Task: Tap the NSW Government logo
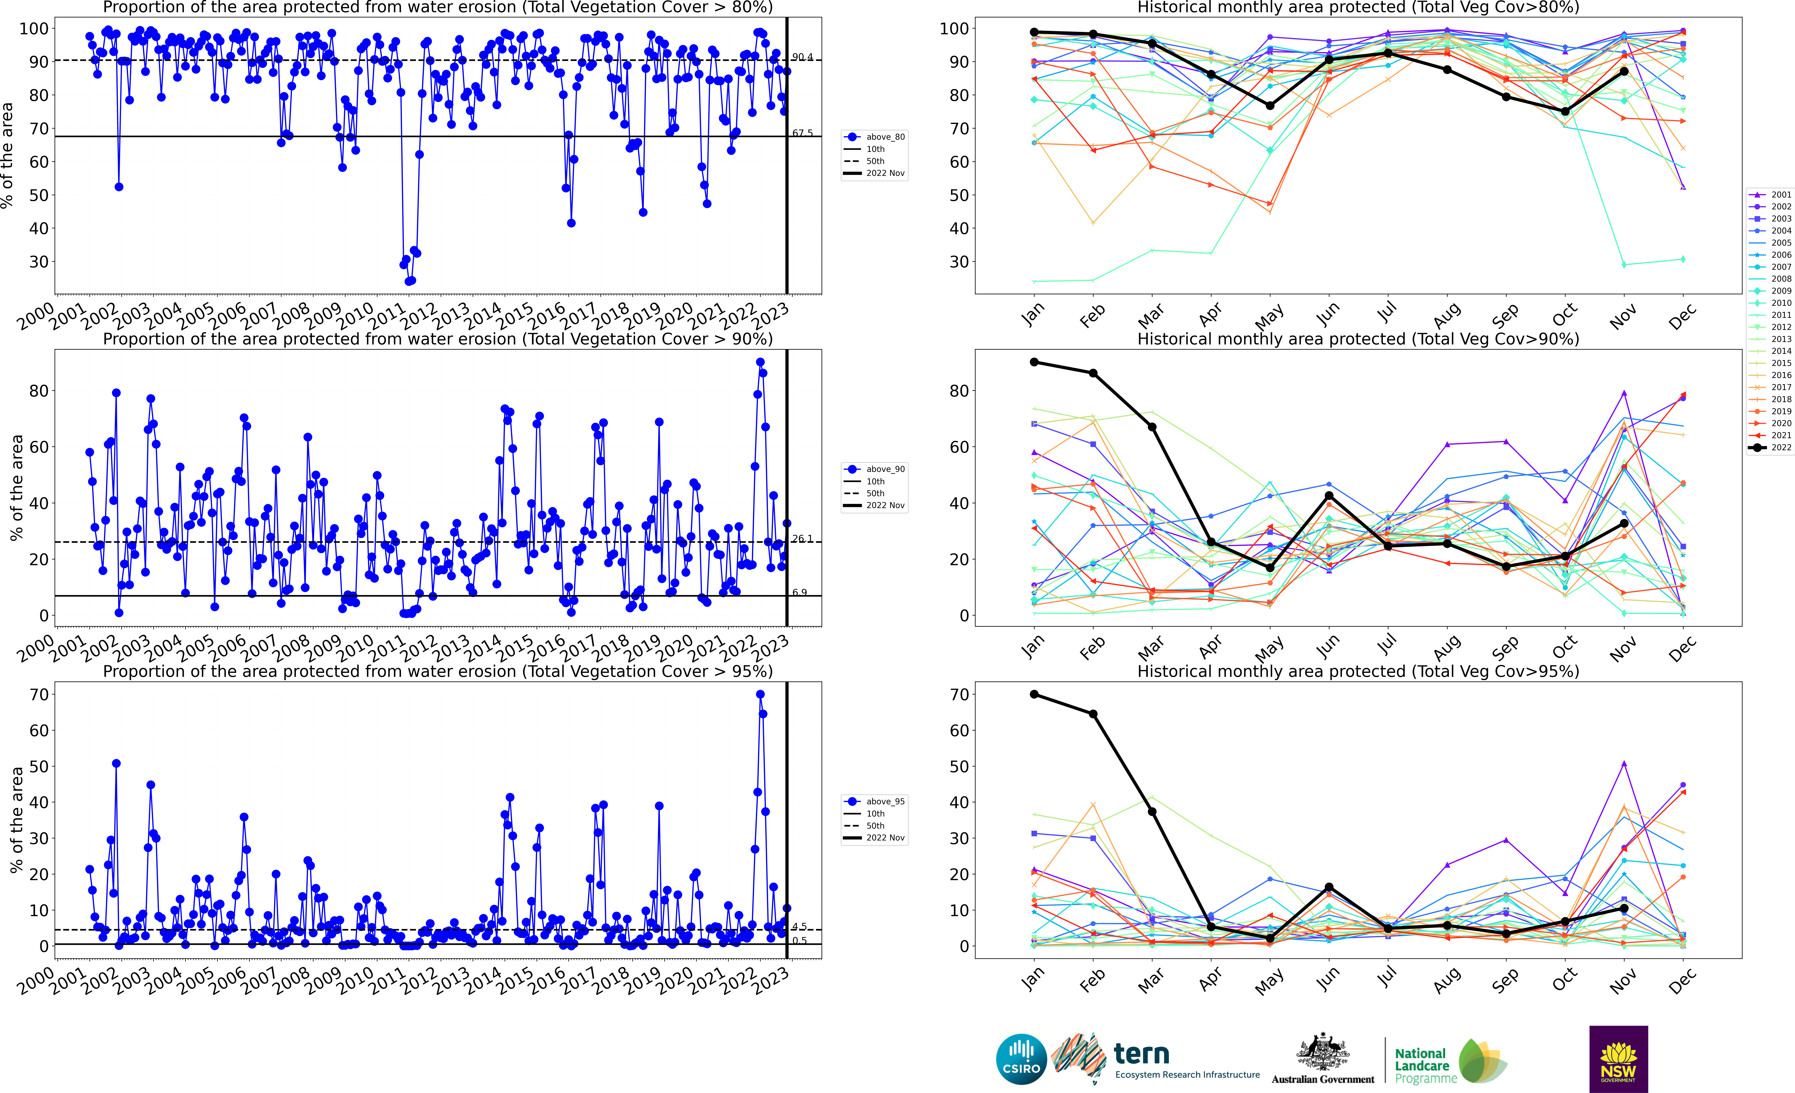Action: click(1618, 1059)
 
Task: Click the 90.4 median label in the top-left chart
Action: click(802, 57)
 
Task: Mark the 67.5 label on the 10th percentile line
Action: click(802, 133)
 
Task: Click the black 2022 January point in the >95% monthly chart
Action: click(1034, 695)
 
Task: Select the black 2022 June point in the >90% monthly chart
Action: click(1329, 495)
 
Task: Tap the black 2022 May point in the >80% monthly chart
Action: click(1270, 106)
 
